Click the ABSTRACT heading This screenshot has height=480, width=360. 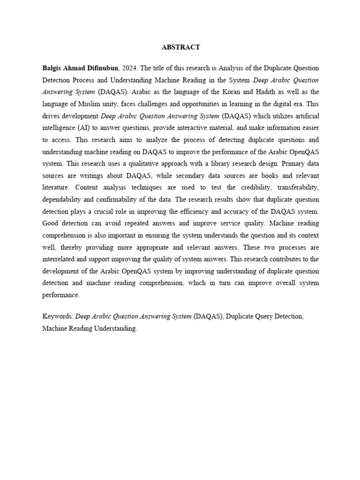point(180,47)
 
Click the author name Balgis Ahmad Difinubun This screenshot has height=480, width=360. point(79,67)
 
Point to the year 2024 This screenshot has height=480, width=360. point(129,67)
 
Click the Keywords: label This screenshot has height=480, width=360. point(57,317)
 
